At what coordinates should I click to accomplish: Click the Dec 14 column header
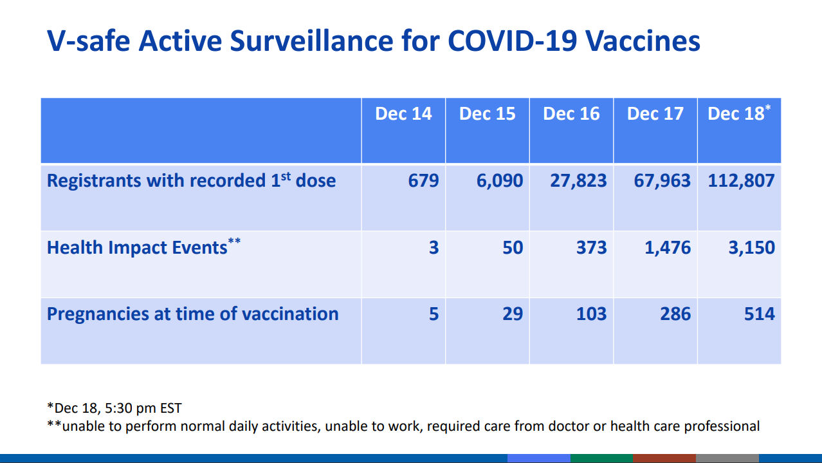(x=403, y=114)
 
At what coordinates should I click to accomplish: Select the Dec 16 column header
(x=571, y=114)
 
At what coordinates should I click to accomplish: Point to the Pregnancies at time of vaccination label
(x=192, y=314)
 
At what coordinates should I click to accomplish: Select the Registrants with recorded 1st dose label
(x=191, y=180)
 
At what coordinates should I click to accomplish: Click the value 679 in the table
(x=423, y=180)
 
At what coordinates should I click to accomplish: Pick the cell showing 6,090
(x=500, y=180)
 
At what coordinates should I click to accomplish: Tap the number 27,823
(x=578, y=180)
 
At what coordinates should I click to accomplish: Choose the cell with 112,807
(x=741, y=180)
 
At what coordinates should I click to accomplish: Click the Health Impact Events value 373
(x=591, y=247)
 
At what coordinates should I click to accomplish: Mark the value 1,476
(x=668, y=247)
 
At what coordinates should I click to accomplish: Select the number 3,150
(x=751, y=247)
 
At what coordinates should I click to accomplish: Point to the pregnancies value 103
(x=591, y=314)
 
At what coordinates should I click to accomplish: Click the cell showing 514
(x=759, y=314)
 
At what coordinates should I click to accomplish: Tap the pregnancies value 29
(x=513, y=314)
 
